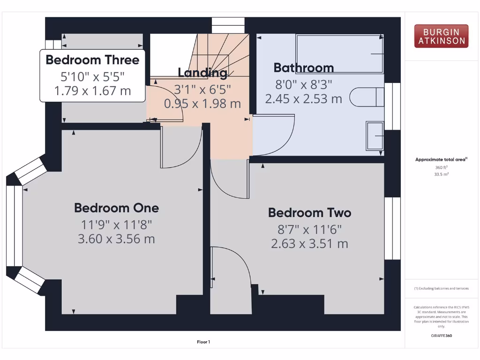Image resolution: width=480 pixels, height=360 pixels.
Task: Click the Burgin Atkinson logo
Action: click(441, 37)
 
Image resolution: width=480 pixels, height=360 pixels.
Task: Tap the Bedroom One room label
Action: click(116, 208)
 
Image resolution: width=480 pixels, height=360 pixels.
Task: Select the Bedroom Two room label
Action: click(309, 213)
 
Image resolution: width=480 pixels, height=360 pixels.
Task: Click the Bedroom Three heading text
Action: click(92, 60)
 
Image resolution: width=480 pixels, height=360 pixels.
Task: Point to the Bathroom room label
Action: click(303, 68)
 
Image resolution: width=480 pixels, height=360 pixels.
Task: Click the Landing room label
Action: click(202, 73)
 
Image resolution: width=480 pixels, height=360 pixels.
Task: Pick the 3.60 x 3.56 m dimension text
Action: click(116, 239)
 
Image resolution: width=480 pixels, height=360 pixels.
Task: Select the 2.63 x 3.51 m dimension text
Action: click(309, 244)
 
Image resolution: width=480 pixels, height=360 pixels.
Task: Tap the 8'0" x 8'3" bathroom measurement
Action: click(303, 84)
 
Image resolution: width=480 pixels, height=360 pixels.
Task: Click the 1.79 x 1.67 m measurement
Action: click(92, 91)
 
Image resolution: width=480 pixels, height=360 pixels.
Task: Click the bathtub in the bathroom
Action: click(340, 53)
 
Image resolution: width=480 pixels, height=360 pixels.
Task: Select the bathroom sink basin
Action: click(375, 136)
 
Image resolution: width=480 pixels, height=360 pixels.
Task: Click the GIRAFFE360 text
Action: click(441, 336)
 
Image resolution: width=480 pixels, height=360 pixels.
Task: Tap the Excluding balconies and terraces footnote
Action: click(441, 288)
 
